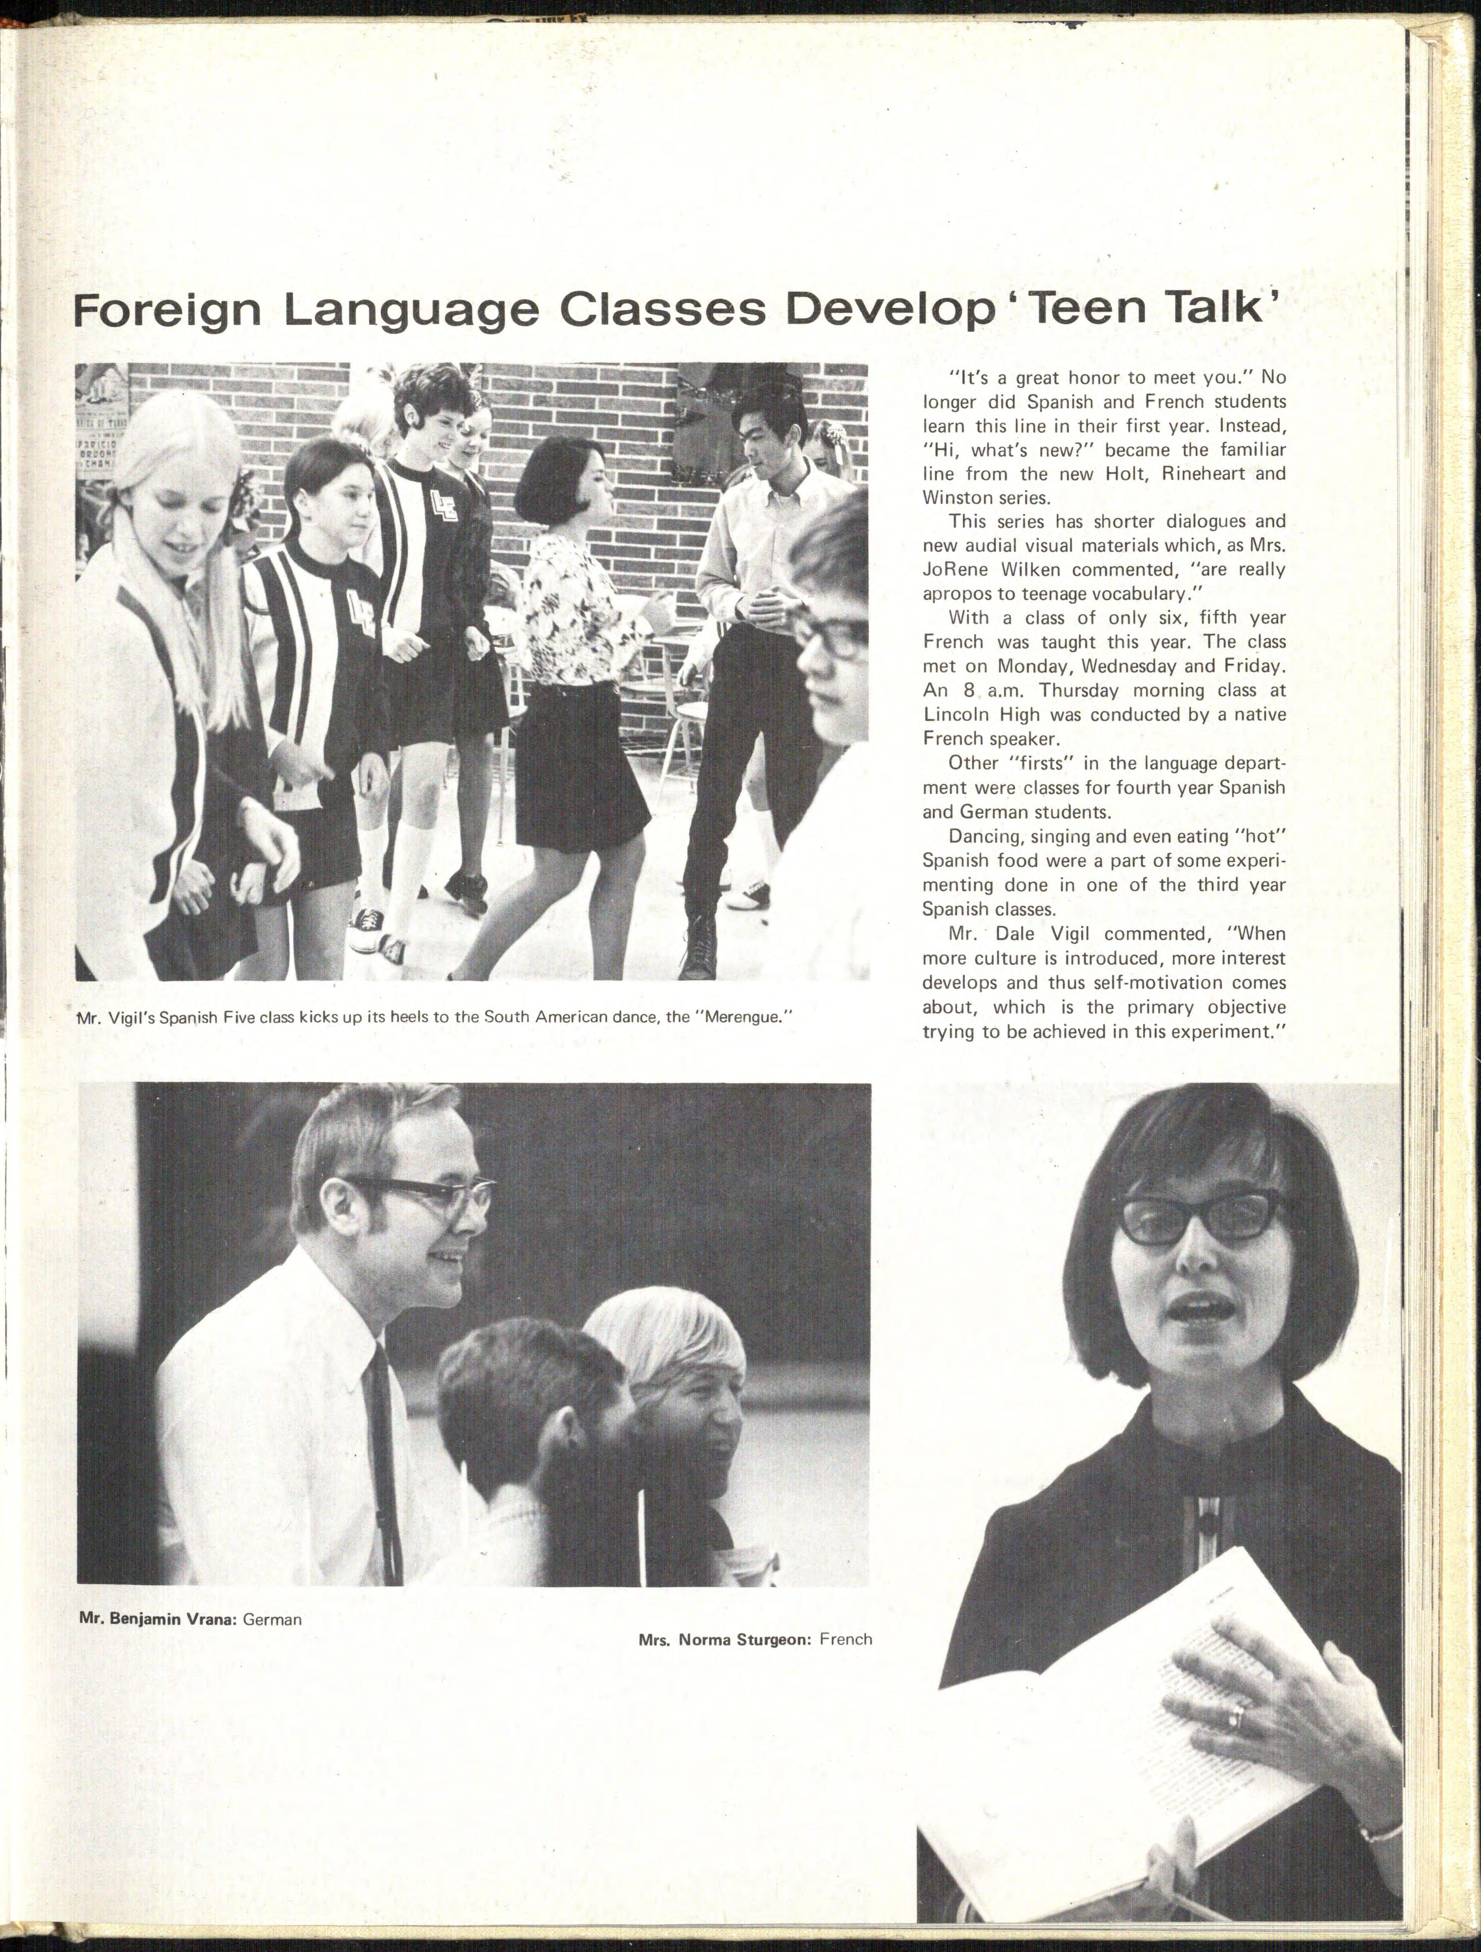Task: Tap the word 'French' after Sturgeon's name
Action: pyautogui.click(x=845, y=1639)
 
